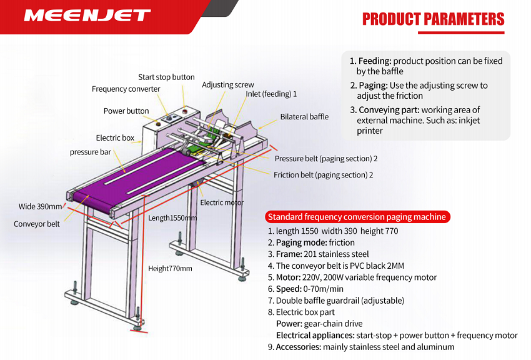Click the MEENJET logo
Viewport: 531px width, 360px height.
click(87, 15)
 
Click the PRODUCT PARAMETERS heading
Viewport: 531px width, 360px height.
click(434, 19)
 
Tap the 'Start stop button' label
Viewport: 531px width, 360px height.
click(166, 77)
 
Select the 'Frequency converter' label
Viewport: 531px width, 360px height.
click(126, 89)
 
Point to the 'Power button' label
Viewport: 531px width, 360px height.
click(126, 111)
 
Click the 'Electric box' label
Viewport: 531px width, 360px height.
click(115, 138)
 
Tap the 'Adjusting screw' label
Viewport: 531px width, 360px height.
click(227, 85)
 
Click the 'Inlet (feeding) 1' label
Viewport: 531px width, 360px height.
click(271, 94)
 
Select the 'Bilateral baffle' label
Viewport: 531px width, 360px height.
click(304, 117)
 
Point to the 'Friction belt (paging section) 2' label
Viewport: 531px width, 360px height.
click(323, 175)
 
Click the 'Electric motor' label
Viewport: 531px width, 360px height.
click(222, 202)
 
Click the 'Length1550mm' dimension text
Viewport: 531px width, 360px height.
click(172, 218)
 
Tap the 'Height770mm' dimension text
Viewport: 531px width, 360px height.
click(170, 269)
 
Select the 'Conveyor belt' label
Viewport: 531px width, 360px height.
click(37, 224)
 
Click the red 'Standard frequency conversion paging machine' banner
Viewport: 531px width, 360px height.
click(357, 217)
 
